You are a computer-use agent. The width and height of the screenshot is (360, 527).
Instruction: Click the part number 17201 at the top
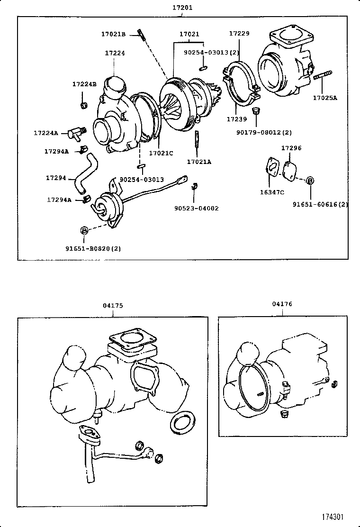point(182,8)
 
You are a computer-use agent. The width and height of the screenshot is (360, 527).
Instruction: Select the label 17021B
point(113,34)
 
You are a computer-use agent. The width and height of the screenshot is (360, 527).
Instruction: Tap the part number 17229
point(239,34)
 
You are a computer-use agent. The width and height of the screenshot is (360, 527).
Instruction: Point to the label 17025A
point(324,98)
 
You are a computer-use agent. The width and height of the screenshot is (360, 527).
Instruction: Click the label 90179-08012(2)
point(264,132)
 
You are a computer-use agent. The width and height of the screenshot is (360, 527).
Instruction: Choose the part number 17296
point(291,148)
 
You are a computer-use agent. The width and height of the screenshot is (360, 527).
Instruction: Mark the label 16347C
point(272,192)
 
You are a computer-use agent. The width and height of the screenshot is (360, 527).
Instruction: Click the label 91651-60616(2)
point(320,204)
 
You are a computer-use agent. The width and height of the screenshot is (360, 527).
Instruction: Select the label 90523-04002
point(196,208)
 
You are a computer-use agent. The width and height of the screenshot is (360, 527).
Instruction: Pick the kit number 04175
point(113,306)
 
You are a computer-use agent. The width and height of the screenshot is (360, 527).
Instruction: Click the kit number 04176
point(282,304)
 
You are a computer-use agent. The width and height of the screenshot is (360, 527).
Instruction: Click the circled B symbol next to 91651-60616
point(310,180)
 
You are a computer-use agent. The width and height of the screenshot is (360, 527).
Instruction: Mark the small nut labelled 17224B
point(84,104)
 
